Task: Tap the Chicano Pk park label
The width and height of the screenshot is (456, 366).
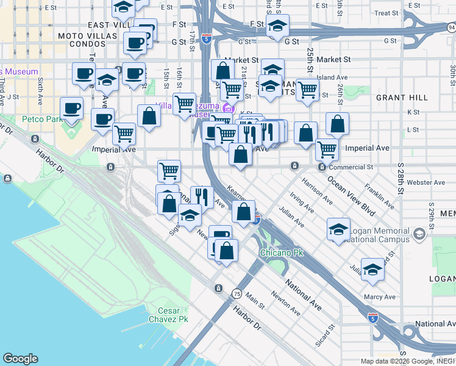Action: tap(282, 252)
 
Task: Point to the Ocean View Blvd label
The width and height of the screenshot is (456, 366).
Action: tap(351, 193)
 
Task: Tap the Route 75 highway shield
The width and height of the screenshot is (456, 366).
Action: tap(235, 294)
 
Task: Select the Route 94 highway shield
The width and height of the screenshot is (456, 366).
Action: tap(451, 27)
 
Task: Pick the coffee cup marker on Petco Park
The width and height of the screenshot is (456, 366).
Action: tap(71, 108)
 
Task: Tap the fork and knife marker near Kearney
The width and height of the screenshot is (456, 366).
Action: tap(202, 196)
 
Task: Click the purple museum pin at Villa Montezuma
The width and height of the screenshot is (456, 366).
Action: tap(229, 109)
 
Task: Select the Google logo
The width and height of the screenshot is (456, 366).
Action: tap(20, 359)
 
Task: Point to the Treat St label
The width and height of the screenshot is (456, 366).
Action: tap(386, 13)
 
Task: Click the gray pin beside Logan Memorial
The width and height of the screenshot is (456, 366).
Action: tap(419, 234)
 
